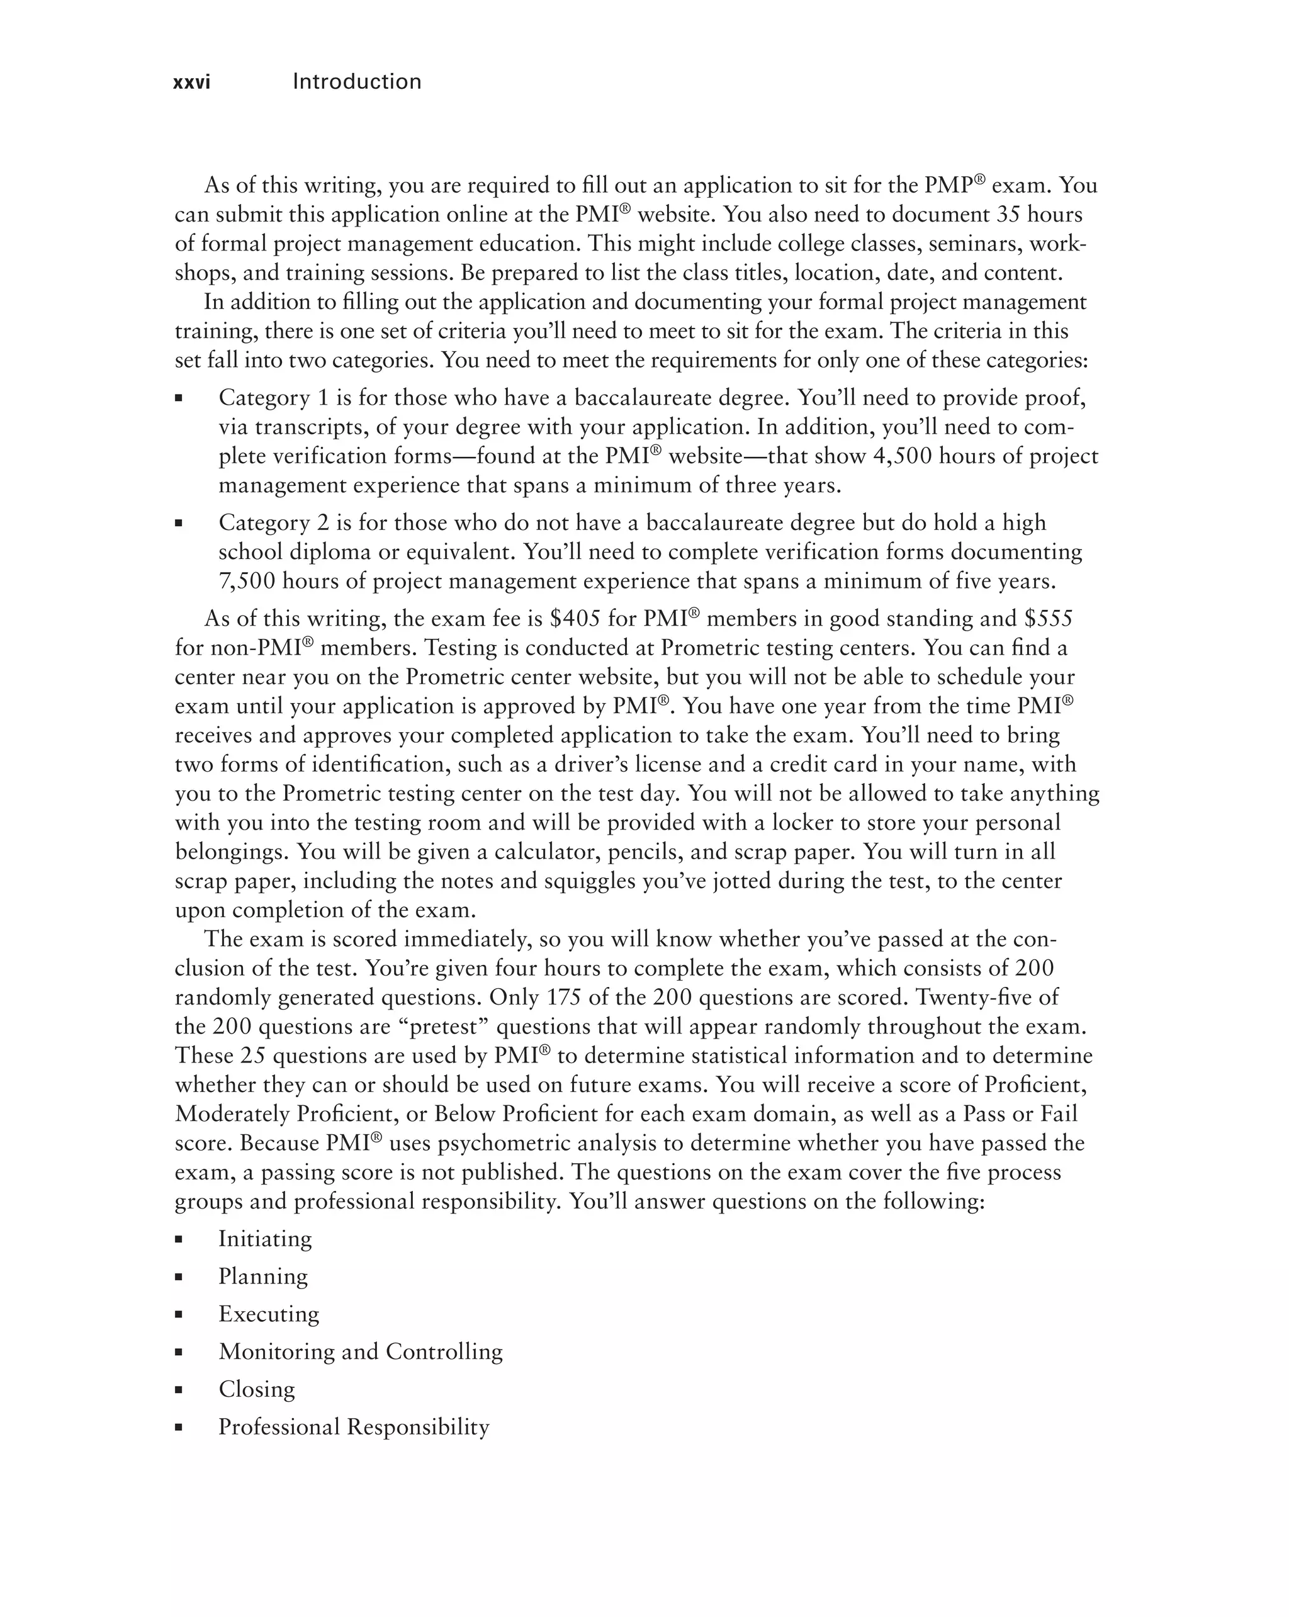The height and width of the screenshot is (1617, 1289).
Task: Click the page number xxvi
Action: click(x=191, y=82)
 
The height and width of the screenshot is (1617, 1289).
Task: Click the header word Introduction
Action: click(x=356, y=81)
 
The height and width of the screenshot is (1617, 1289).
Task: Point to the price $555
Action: click(x=1049, y=619)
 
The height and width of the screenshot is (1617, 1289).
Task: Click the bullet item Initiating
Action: click(x=265, y=1239)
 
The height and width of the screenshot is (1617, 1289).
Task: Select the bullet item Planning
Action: click(x=262, y=1276)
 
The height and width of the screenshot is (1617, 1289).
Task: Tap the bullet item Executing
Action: click(x=269, y=1314)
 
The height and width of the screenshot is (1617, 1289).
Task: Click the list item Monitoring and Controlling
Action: click(x=360, y=1351)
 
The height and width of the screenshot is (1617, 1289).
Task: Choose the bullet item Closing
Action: click(x=256, y=1389)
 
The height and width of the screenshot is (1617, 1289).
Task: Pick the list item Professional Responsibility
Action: click(x=353, y=1426)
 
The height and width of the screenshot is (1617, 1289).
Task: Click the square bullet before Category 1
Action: click(x=179, y=398)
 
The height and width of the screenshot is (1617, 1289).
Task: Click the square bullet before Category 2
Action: click(x=179, y=524)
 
